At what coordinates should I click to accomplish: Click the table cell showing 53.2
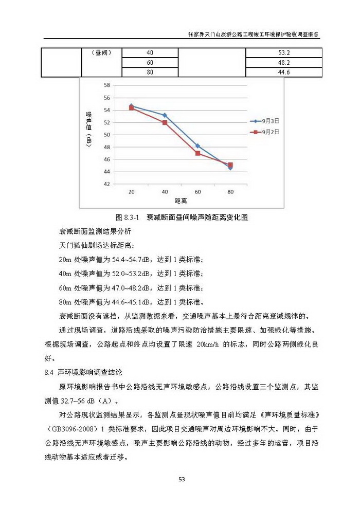284,53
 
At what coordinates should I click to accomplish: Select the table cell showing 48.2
284,62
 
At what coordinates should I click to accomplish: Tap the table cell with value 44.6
284,72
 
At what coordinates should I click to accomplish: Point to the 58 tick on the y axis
107,85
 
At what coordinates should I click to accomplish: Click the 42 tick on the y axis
107,184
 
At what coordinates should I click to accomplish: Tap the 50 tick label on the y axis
107,135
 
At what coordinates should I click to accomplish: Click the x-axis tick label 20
132,191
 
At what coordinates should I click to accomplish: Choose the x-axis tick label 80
230,191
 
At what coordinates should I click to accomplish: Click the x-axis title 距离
181,200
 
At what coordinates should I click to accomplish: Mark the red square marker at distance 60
197,153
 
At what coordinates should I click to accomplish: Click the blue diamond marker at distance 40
165,115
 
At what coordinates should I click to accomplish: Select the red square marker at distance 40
165,122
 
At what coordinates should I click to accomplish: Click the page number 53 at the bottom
181,480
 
